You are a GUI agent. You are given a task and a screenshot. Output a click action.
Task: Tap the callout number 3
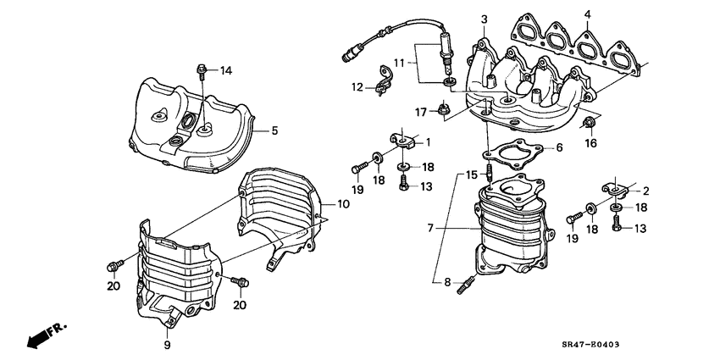(484, 19)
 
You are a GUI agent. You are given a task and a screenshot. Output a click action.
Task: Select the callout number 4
(586, 14)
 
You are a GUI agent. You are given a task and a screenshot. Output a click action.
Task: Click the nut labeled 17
(442, 108)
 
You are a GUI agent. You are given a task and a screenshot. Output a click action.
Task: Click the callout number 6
(558, 147)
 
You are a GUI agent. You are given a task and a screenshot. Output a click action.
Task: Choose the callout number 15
(471, 174)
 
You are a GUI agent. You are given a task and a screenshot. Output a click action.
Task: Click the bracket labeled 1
(405, 140)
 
